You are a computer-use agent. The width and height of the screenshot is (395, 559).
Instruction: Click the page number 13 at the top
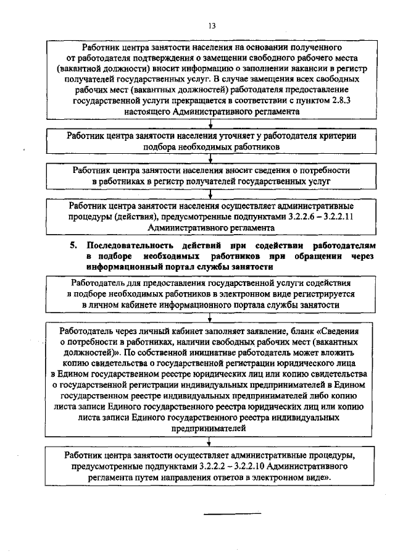point(212,25)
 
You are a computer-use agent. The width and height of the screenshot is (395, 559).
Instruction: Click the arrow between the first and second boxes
point(211,125)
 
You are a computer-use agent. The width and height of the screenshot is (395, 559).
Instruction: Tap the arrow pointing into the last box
point(211,443)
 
